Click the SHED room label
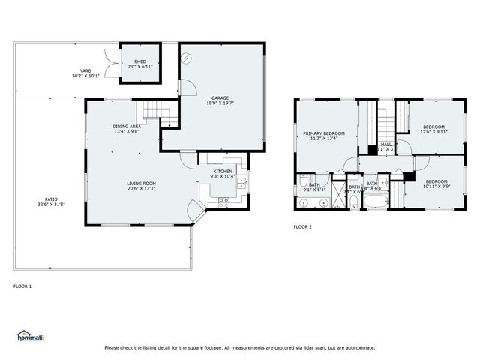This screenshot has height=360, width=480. tap(140, 61)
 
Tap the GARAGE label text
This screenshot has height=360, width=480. tap(220, 98)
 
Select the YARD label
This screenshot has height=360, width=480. tap(86, 71)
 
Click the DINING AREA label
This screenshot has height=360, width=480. tap(127, 127)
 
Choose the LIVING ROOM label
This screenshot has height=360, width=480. tap(140, 184)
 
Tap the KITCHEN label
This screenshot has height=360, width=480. tap(223, 172)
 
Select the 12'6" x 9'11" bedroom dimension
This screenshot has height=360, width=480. tap(433, 132)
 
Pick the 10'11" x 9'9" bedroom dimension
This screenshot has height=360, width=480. tap(436, 186)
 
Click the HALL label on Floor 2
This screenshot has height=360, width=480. tap(385, 144)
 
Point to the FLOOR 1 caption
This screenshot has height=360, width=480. tap(22, 286)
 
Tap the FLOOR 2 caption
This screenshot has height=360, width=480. tap(302, 226)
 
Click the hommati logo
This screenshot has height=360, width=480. tap(30, 336)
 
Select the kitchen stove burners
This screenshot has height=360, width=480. tap(223, 200)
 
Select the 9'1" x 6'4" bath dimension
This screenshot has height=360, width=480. tap(313, 190)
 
